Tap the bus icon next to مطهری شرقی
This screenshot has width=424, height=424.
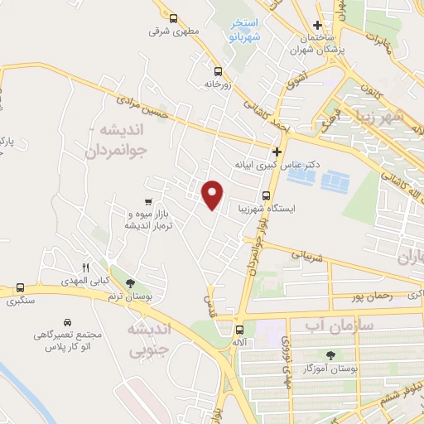[173, 18]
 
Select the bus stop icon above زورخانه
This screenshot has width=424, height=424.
[218, 71]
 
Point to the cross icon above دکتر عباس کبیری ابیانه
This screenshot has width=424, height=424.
[277, 152]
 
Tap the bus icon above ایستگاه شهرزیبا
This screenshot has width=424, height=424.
[265, 196]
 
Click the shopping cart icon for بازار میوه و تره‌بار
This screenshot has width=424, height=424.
[147, 201]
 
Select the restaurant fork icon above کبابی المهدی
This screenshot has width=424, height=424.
[84, 267]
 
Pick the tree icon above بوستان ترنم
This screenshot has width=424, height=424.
[129, 283]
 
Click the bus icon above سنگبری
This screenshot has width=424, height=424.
[20, 288]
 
